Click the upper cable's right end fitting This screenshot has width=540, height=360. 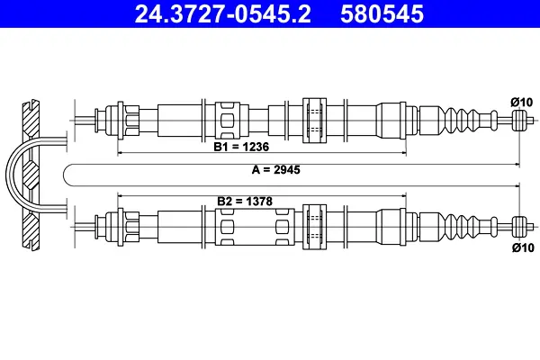[518, 120]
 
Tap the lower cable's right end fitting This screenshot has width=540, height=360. [518, 223]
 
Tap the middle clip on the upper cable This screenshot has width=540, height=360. [314, 120]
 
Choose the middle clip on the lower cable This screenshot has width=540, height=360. [314, 223]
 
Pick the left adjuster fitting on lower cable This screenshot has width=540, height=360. [119, 223]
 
